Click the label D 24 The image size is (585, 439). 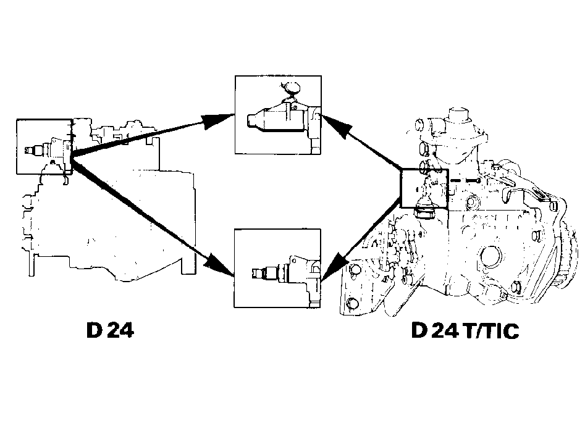(x=110, y=330)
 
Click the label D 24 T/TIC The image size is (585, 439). (x=465, y=330)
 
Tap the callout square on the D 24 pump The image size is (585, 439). (x=17, y=146)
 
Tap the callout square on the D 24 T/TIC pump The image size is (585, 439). (x=401, y=188)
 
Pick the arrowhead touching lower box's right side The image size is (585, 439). (x=335, y=265)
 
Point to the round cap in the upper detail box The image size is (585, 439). (x=292, y=88)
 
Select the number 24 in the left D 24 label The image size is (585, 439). (x=120, y=330)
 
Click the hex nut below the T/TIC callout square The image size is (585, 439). (x=425, y=214)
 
